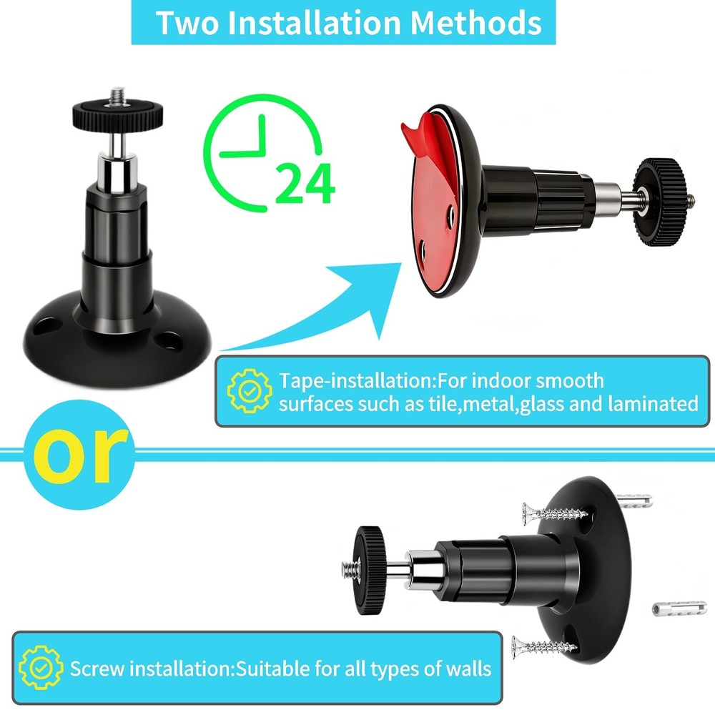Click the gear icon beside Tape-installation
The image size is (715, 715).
click(x=249, y=391)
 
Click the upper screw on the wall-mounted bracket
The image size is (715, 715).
click(x=554, y=513)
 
